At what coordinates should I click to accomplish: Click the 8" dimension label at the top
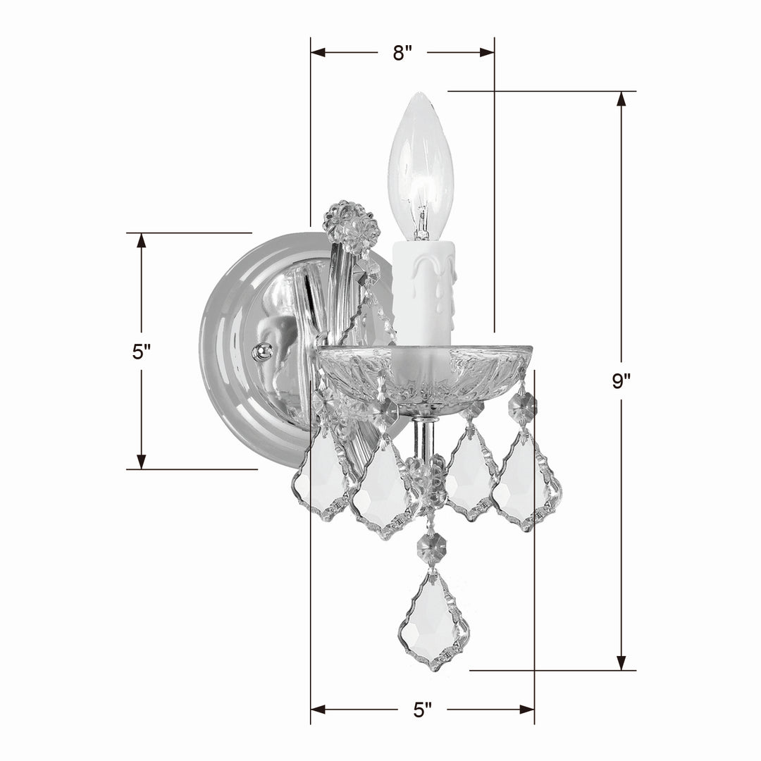(x=402, y=53)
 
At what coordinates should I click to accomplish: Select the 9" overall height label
(x=621, y=381)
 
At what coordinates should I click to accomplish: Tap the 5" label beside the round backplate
(x=142, y=352)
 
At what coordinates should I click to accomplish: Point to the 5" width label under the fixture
(x=423, y=710)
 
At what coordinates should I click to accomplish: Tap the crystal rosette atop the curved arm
(x=351, y=227)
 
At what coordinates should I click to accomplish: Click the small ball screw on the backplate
(x=262, y=351)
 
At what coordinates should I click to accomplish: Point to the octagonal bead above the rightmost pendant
(x=522, y=406)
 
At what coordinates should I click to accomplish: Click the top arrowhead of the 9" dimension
(x=621, y=99)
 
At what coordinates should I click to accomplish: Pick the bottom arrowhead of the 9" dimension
(x=621, y=662)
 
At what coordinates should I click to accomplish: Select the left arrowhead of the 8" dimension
(x=318, y=52)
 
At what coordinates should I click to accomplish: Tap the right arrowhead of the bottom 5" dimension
(x=526, y=709)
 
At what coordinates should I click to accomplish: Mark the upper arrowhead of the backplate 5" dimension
(x=142, y=240)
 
